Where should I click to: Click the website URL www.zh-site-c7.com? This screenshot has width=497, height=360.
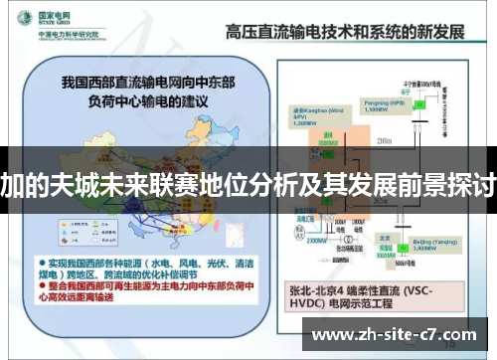[x=395, y=335]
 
